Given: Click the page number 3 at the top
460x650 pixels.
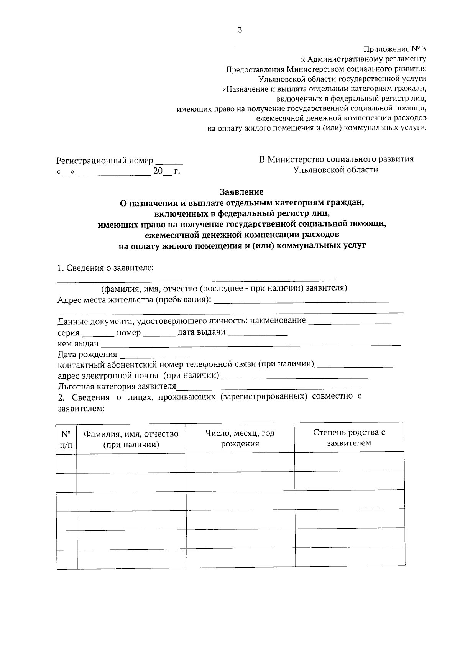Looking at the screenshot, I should (240, 30).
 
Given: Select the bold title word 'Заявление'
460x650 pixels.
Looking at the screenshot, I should (242, 192).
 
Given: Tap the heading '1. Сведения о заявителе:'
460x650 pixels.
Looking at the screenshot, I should (105, 268).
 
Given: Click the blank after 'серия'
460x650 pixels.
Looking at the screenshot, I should (98, 333).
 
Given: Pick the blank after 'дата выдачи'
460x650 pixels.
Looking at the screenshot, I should (258, 333).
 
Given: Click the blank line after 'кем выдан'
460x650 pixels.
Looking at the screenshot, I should (251, 344).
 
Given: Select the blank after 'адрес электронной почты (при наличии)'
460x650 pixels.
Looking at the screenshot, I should (295, 376).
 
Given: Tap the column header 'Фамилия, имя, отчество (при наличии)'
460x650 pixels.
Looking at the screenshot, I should (131, 439).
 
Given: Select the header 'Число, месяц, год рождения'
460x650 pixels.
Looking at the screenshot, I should (240, 438).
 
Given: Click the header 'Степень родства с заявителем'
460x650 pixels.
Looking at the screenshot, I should (349, 438).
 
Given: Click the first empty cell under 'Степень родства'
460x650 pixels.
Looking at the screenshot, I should (349, 462).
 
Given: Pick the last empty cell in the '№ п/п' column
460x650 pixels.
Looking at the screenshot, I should (67, 559).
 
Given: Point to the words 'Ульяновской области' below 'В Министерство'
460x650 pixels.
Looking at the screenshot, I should (336, 170).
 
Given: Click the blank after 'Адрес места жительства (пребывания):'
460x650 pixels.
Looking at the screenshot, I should (301, 300).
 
